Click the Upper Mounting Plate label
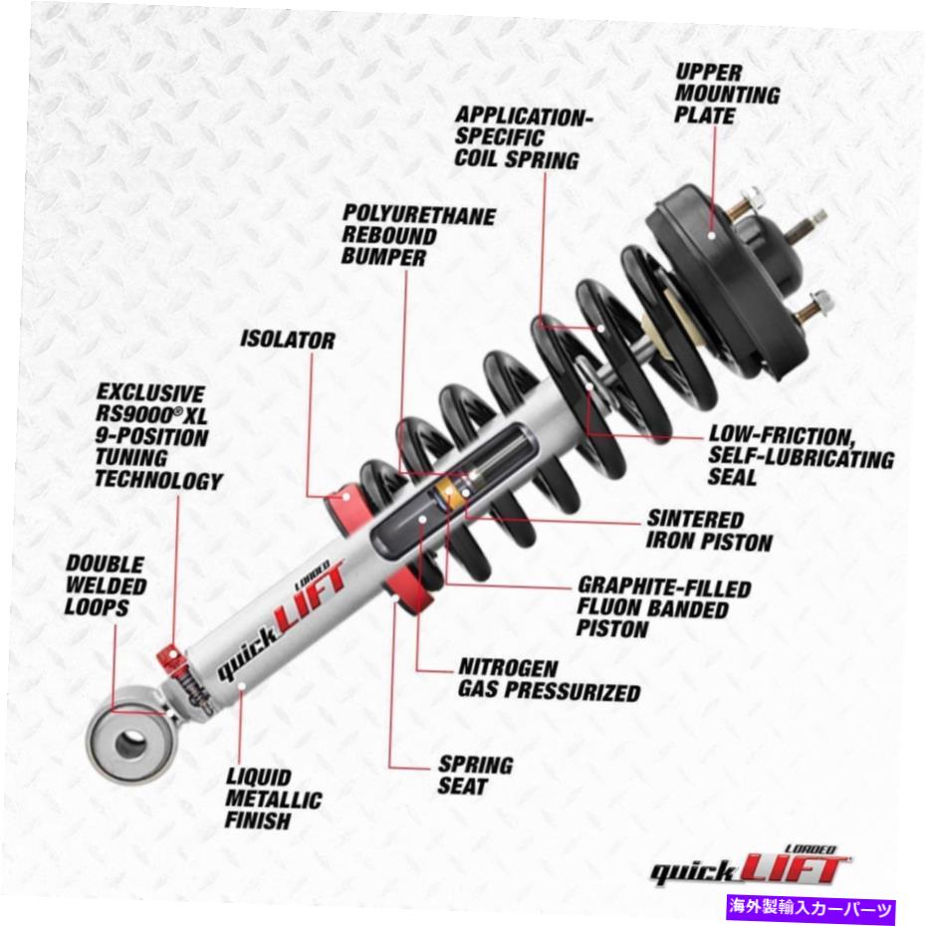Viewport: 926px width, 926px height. [x=727, y=94]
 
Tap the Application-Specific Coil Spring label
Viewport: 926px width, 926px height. [x=523, y=137]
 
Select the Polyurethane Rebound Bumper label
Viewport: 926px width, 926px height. [x=418, y=235]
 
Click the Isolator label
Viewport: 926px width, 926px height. [x=287, y=340]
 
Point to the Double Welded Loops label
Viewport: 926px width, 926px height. [x=106, y=585]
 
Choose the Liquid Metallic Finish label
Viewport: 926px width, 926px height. [x=274, y=799]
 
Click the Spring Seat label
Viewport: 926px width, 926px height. [x=475, y=775]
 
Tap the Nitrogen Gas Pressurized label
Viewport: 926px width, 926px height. [x=549, y=680]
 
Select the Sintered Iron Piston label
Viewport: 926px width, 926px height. [x=709, y=530]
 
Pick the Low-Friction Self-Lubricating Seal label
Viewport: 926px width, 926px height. [x=801, y=455]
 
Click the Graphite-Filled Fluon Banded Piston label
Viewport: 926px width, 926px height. [x=663, y=607]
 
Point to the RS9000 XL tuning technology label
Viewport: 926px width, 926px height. [x=158, y=436]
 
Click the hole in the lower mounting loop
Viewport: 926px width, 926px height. [x=129, y=743]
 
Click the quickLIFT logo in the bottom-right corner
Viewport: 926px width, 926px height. [x=751, y=865]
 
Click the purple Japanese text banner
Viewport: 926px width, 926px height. [x=812, y=906]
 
